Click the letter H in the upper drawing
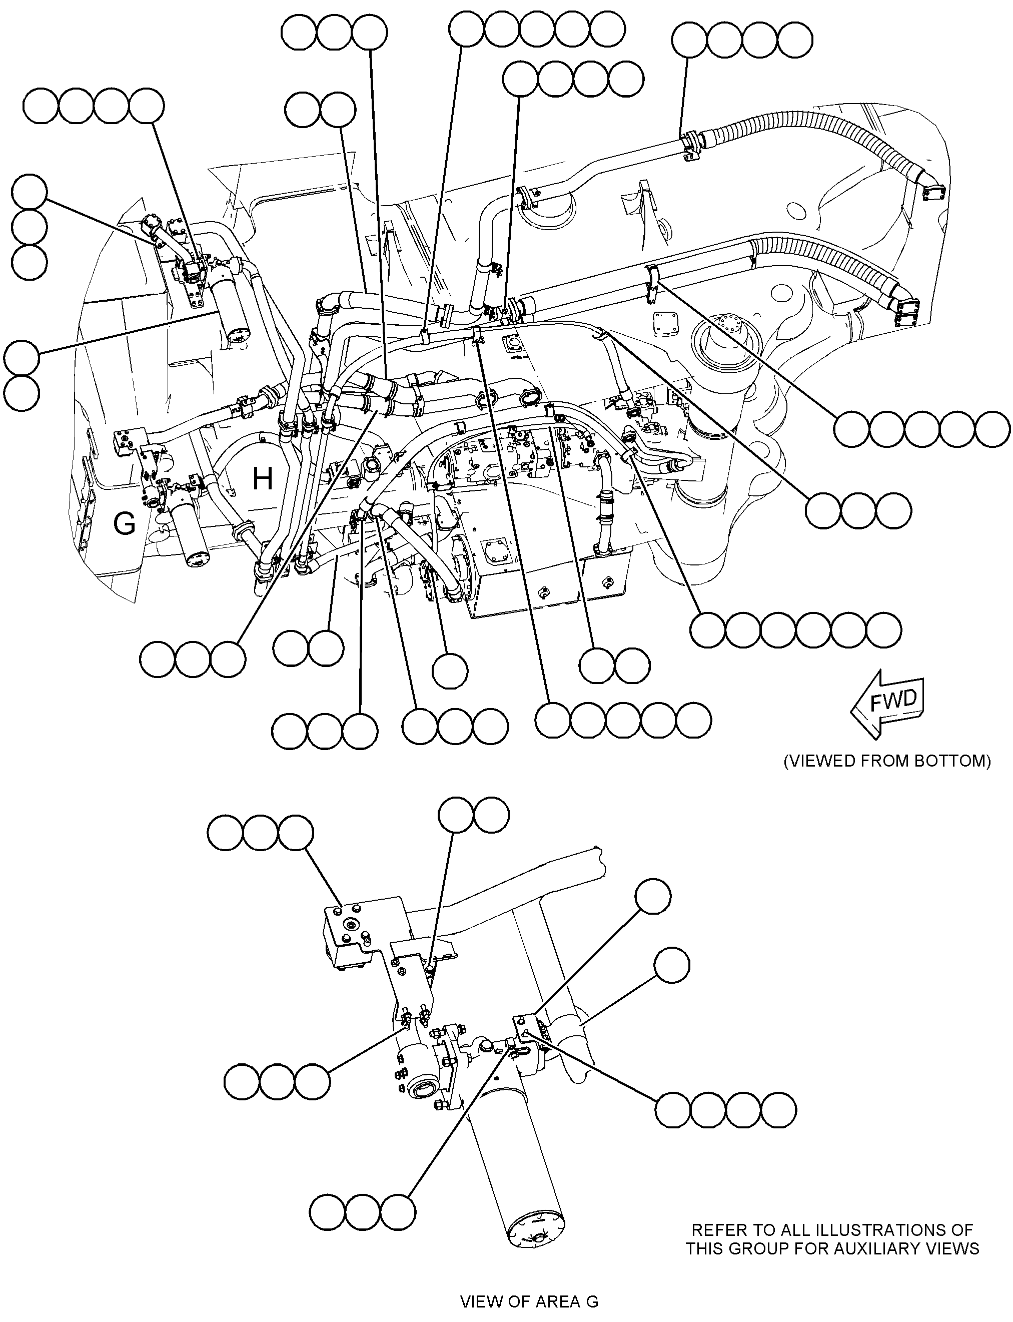262,479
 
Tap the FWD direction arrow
887,704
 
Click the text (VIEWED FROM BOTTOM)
887,761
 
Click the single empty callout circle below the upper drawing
450,671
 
